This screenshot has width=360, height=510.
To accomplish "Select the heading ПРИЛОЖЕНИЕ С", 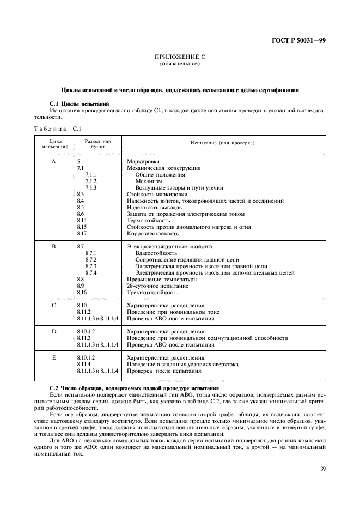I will coord(180,57).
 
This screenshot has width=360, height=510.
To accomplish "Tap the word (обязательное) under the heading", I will coord(180,64).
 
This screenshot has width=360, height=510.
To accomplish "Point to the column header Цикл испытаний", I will coord(54,144).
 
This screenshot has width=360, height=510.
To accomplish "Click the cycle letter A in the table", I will coord(54,162).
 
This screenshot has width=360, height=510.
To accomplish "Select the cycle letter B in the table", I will coord(54,247).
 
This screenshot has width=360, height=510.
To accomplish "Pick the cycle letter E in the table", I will coord(54,357).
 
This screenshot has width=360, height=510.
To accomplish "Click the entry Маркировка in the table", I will coord(143,162).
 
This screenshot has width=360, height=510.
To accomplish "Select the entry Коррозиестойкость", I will coord(152,233).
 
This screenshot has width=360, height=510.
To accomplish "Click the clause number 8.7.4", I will coord(91,272).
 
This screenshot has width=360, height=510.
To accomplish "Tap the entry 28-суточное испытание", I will coord(157,286).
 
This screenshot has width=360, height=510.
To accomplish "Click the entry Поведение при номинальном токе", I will coord(173,312).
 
